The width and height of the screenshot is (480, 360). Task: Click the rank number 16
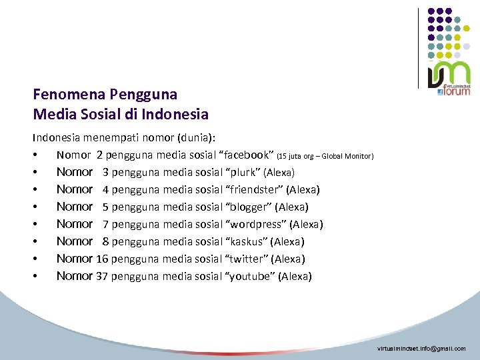[x=102, y=259]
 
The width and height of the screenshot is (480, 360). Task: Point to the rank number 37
[x=102, y=276]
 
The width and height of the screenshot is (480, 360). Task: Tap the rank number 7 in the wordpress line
[x=106, y=225]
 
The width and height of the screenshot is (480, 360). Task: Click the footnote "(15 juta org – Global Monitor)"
[x=329, y=157]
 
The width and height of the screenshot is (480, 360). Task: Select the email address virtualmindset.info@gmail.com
[x=421, y=349]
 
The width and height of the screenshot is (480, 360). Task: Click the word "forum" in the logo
[x=457, y=91]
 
